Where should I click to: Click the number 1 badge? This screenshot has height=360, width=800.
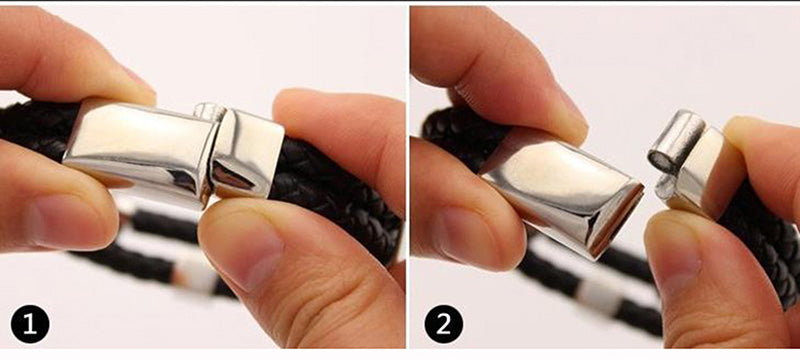[30, 324]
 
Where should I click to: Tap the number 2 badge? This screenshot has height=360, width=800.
[444, 324]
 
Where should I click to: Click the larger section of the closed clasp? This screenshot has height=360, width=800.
[138, 152]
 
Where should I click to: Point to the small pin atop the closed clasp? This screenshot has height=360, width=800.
[209, 111]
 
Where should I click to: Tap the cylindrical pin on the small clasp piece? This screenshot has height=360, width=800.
[674, 140]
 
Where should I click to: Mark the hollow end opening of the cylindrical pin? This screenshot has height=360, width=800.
[659, 160]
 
